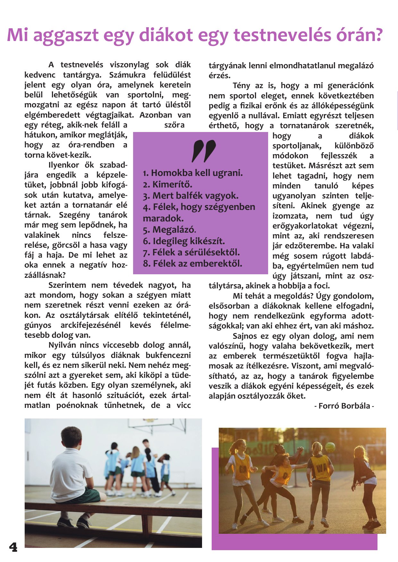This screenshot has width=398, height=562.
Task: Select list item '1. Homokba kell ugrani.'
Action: tap(193, 173)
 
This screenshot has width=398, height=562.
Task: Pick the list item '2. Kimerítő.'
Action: tap(167, 185)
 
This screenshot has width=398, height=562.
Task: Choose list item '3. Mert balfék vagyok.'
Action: tap(191, 196)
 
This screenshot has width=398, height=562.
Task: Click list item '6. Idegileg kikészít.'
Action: tap(184, 241)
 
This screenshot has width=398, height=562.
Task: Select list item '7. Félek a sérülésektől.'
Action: tap(191, 252)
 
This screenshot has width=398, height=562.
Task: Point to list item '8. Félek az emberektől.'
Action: tap(192, 264)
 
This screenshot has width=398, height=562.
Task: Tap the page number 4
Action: tap(13, 547)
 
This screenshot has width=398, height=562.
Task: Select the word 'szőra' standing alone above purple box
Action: tap(174, 125)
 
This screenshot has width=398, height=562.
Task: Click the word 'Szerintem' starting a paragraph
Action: tap(67, 285)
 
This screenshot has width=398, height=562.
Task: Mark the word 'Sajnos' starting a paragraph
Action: tap(245, 336)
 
